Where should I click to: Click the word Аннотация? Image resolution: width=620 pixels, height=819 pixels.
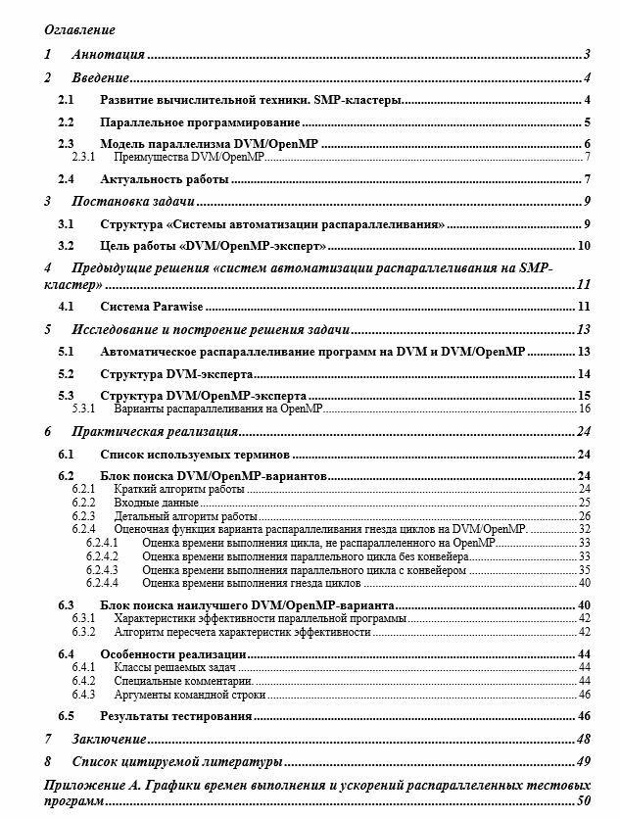[x=109, y=54]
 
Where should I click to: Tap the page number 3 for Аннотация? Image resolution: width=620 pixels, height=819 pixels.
[x=585, y=54]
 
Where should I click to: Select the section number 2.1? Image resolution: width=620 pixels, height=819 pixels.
[x=66, y=100]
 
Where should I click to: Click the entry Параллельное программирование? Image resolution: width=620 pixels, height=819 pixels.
[x=200, y=122]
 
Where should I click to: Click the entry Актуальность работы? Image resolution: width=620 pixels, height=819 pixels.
[x=165, y=179]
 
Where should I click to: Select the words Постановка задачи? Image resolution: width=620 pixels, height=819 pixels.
[x=132, y=202]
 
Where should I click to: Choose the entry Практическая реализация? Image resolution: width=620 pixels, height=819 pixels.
[x=155, y=431]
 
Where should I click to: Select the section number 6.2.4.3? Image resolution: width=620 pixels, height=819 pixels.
[x=102, y=569]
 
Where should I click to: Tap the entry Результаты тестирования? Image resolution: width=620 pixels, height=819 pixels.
[x=174, y=717]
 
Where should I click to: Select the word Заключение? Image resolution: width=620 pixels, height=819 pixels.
[x=110, y=739]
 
